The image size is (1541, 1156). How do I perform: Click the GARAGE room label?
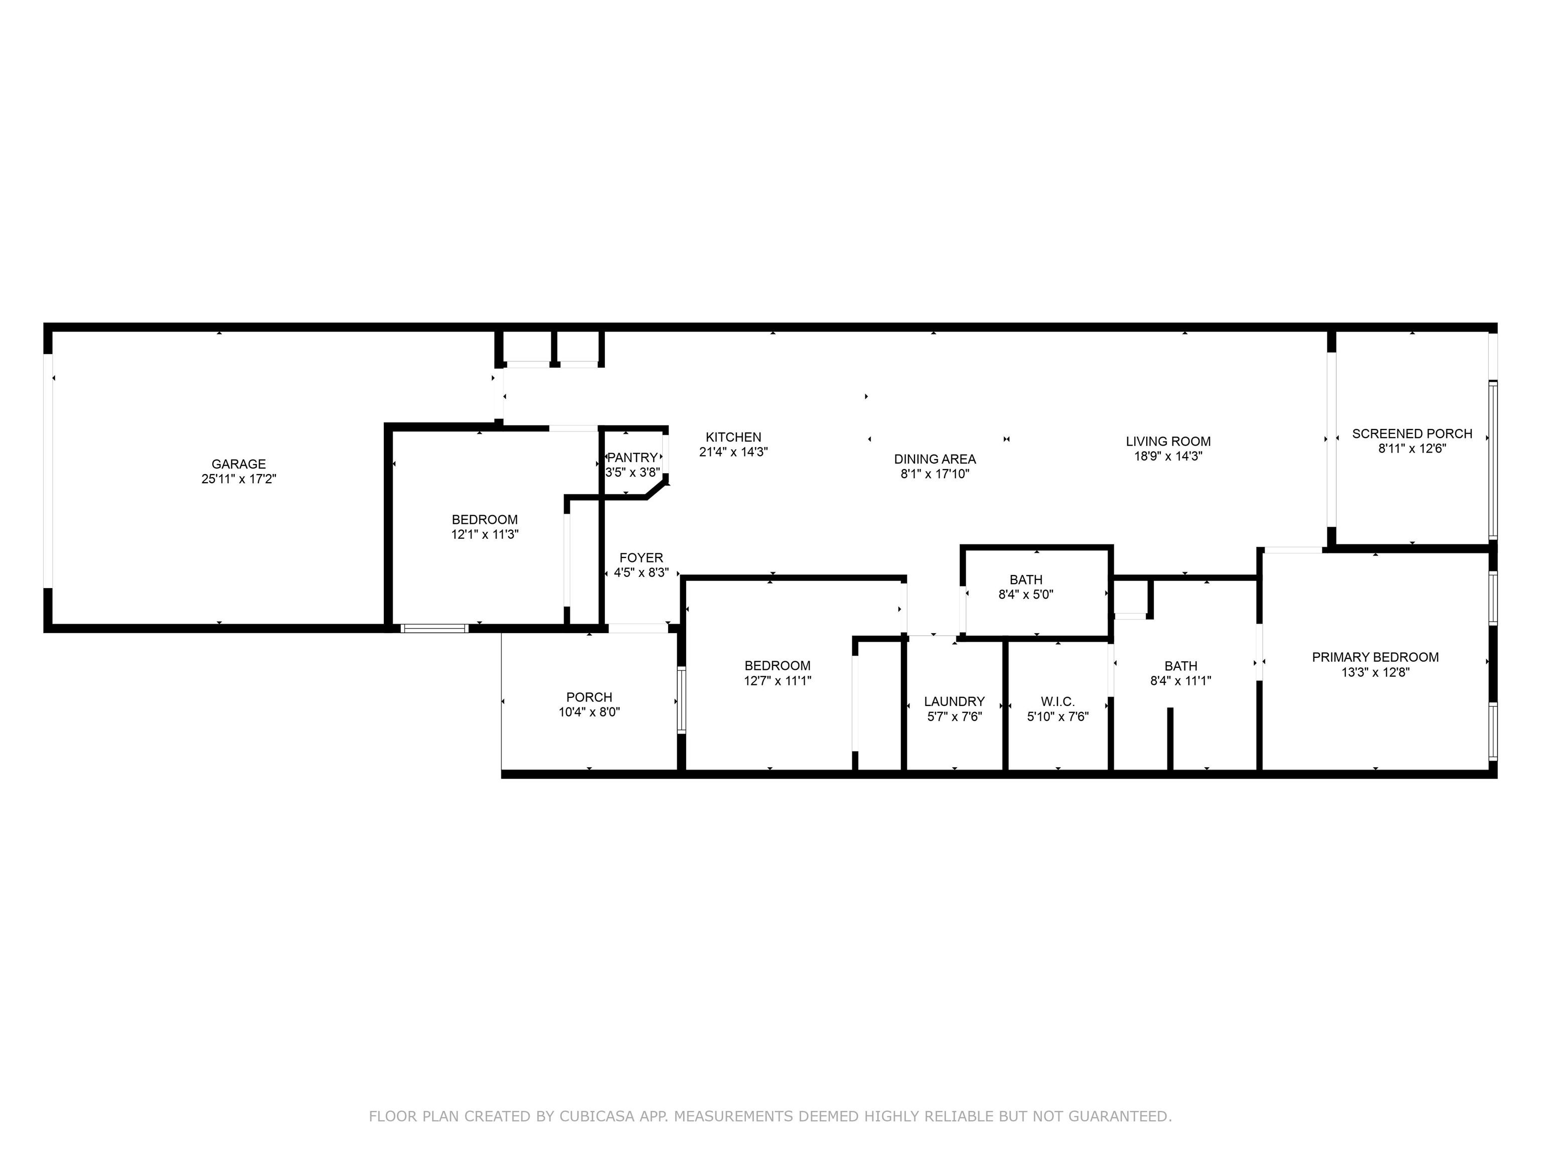click(238, 464)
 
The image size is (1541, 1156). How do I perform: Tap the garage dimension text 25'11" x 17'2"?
click(238, 479)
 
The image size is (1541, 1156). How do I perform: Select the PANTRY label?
click(632, 458)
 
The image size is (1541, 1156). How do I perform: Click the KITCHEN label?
click(733, 438)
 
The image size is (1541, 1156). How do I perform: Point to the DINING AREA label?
click(935, 459)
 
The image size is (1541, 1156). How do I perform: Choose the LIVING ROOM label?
click(1168, 442)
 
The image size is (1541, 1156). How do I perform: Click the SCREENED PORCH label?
click(1412, 434)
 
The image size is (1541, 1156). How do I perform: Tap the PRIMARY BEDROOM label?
click(1375, 657)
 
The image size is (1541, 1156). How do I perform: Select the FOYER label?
click(641, 558)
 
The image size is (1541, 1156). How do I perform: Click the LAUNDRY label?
click(955, 702)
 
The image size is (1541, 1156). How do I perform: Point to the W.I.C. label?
click(1057, 702)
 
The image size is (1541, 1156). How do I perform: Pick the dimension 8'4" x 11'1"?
click(1180, 681)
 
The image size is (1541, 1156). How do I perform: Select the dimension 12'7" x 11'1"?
click(778, 681)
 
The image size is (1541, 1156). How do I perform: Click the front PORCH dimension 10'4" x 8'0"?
click(589, 712)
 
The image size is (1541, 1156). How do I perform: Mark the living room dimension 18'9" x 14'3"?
click(1168, 457)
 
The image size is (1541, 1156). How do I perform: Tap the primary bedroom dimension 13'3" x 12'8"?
click(1375, 672)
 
